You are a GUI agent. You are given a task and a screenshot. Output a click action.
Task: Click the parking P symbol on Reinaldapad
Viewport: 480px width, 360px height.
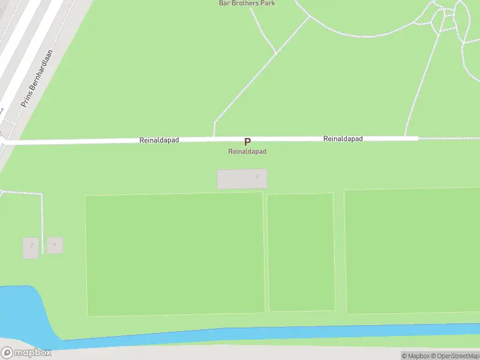click(247, 142)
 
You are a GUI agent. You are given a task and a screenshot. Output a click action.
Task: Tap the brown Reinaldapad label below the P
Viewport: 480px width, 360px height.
click(247, 152)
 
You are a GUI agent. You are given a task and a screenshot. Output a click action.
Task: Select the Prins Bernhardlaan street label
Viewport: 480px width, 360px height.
click(37, 79)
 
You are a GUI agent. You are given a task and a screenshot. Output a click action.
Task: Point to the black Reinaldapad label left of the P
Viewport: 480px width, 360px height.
click(159, 140)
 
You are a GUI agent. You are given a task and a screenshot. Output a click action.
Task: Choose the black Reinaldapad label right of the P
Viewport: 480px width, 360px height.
click(343, 139)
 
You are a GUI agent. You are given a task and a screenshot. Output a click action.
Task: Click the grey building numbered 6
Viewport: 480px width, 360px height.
click(241, 179)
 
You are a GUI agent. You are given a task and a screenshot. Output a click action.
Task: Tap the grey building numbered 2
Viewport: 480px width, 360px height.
click(31, 248)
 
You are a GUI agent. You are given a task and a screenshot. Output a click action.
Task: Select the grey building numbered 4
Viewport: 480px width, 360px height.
click(55, 245)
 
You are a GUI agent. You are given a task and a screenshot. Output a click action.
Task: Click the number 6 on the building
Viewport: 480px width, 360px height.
click(257, 176)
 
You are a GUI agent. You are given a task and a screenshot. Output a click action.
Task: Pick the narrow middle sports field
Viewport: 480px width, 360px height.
click(301, 252)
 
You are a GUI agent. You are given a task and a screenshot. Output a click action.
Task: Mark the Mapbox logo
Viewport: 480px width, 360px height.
click(26, 353)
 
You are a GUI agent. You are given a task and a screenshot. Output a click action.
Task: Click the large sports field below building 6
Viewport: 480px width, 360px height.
click(175, 254)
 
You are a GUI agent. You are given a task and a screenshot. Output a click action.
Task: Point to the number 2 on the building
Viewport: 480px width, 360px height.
click(31, 245)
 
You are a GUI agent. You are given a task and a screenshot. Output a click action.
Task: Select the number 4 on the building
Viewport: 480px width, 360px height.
click(55, 244)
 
